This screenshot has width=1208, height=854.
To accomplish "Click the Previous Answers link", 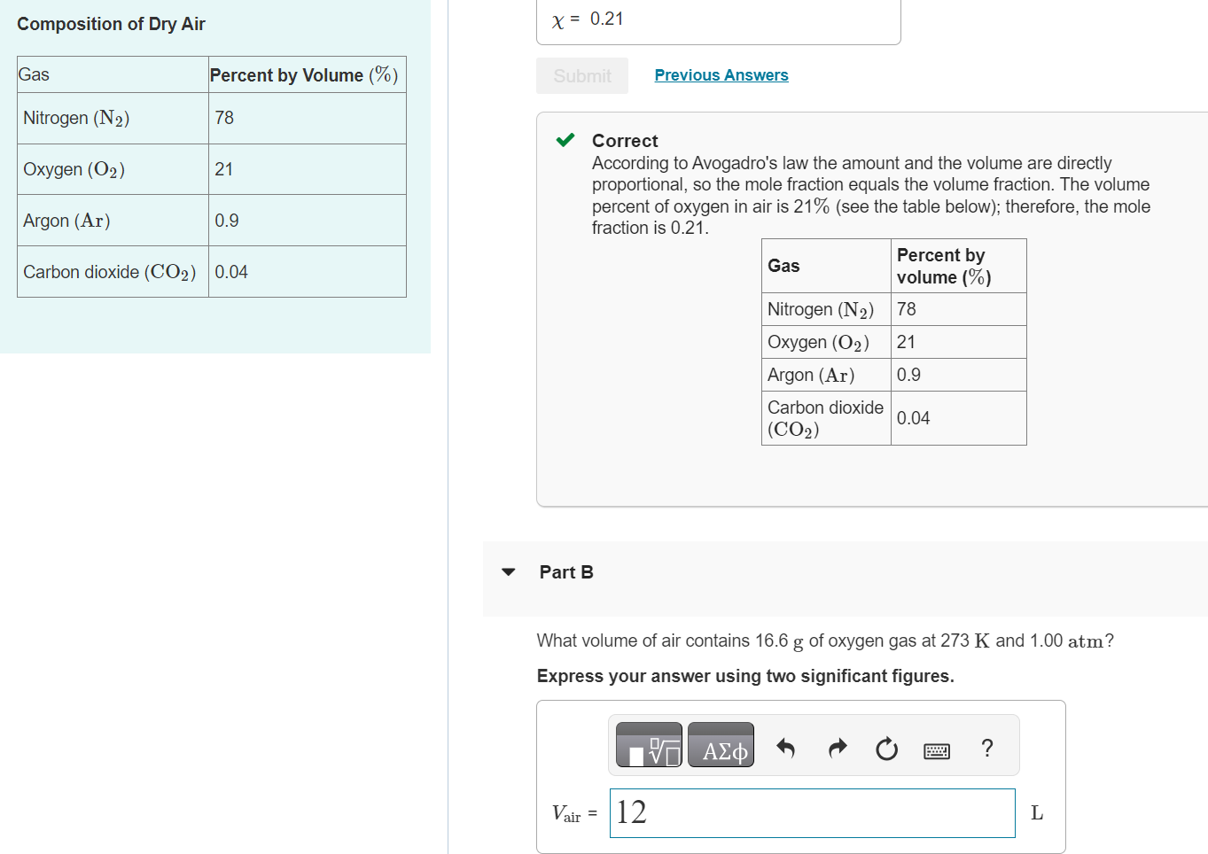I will click(721, 75).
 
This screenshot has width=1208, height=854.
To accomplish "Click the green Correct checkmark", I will click(565, 140).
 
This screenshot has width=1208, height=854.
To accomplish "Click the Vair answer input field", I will click(812, 812).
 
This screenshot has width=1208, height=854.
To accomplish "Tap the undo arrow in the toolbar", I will click(785, 749).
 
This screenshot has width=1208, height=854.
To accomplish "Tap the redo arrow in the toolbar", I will click(837, 749).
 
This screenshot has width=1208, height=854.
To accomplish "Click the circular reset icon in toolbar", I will click(886, 749).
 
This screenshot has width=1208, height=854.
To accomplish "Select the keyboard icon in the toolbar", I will click(937, 751).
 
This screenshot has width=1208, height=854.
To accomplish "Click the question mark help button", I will click(987, 748).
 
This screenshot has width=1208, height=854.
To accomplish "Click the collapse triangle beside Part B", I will click(508, 572).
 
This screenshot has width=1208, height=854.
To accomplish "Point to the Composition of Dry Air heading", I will click(111, 24).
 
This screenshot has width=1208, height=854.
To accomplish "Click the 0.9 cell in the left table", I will click(227, 221).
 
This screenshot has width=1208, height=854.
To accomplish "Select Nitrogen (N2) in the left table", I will click(76, 118).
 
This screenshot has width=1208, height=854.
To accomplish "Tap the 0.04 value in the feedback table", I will click(913, 418).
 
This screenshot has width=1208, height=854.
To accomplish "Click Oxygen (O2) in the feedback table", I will click(817, 342).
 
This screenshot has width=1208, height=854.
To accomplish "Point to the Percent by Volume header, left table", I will click(303, 75).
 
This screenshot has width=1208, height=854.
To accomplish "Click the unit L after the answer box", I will click(1036, 812).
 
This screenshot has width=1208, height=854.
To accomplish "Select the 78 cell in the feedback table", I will click(906, 309).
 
